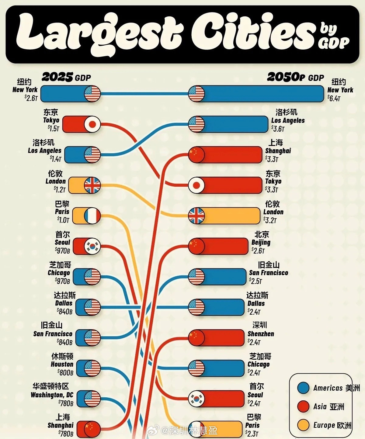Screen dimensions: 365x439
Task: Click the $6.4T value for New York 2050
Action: pyautogui.click(x=334, y=98)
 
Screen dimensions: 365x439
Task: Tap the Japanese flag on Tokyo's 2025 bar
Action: pyautogui.click(x=92, y=124)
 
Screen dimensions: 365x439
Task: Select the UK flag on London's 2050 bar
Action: pyautogui.click(x=196, y=216)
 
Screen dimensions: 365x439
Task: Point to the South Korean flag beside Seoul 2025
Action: pyautogui.click(x=92, y=246)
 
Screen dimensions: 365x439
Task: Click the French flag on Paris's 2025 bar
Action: pyautogui.click(x=92, y=216)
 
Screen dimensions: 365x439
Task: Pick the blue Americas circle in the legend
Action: pyautogui.click(x=303, y=388)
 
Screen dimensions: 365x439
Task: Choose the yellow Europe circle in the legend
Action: pyautogui.click(x=303, y=425)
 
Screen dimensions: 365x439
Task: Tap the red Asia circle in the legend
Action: pyautogui.click(x=303, y=406)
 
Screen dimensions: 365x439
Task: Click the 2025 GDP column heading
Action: pyautogui.click(x=66, y=77)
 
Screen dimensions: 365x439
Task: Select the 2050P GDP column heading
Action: pyautogui.click(x=295, y=77)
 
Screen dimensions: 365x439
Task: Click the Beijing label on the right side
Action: pyautogui.click(x=261, y=243)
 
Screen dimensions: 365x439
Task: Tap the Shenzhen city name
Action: pyautogui.click(x=261, y=334)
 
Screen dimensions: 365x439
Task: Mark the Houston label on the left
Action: pyautogui.click(x=62, y=364)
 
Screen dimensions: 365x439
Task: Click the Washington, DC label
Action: pyautogui.click(x=52, y=395)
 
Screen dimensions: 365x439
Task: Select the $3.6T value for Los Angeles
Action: pyautogui.click(x=278, y=129)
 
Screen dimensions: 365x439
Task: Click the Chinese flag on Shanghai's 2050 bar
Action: pyautogui.click(x=196, y=155)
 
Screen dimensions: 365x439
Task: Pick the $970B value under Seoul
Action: pyautogui.click(x=62, y=251)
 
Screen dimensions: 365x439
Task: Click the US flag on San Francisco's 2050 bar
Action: pyautogui.click(x=196, y=277)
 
